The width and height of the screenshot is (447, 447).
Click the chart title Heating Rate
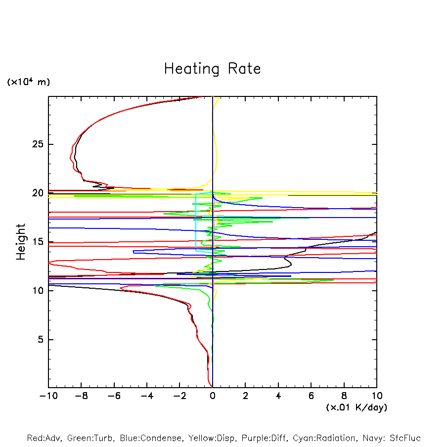[212, 69]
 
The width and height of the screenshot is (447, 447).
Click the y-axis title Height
[21, 242]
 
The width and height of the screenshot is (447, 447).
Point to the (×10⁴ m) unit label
[28, 82]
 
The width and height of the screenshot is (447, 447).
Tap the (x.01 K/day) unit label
[356, 407]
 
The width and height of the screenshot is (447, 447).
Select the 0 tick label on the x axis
[213, 396]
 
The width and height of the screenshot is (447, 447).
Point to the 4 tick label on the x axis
[278, 396]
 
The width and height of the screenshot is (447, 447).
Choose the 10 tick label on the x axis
[377, 396]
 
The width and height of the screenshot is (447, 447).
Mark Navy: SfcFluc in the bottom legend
[391, 439]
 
